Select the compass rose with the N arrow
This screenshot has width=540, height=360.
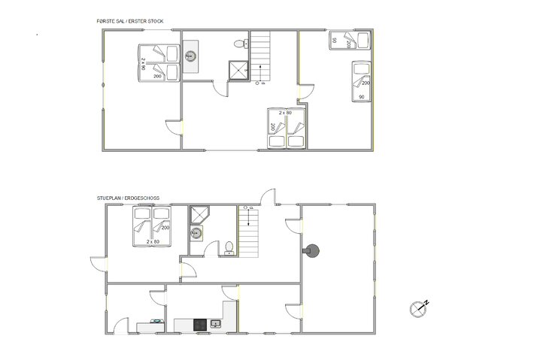(x=417, y=307)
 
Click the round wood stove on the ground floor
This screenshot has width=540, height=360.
(x=310, y=250)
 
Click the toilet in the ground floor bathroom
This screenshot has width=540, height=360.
(x=228, y=247)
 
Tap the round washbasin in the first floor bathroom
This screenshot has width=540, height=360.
(x=190, y=55)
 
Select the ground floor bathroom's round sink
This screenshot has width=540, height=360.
(x=196, y=232)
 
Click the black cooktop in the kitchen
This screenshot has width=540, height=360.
(x=200, y=325)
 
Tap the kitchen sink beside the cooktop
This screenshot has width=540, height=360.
(x=216, y=324)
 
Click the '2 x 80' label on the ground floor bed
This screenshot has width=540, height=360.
(x=153, y=241)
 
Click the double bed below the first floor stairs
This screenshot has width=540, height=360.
(x=287, y=129)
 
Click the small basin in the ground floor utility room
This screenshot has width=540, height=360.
(x=158, y=322)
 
